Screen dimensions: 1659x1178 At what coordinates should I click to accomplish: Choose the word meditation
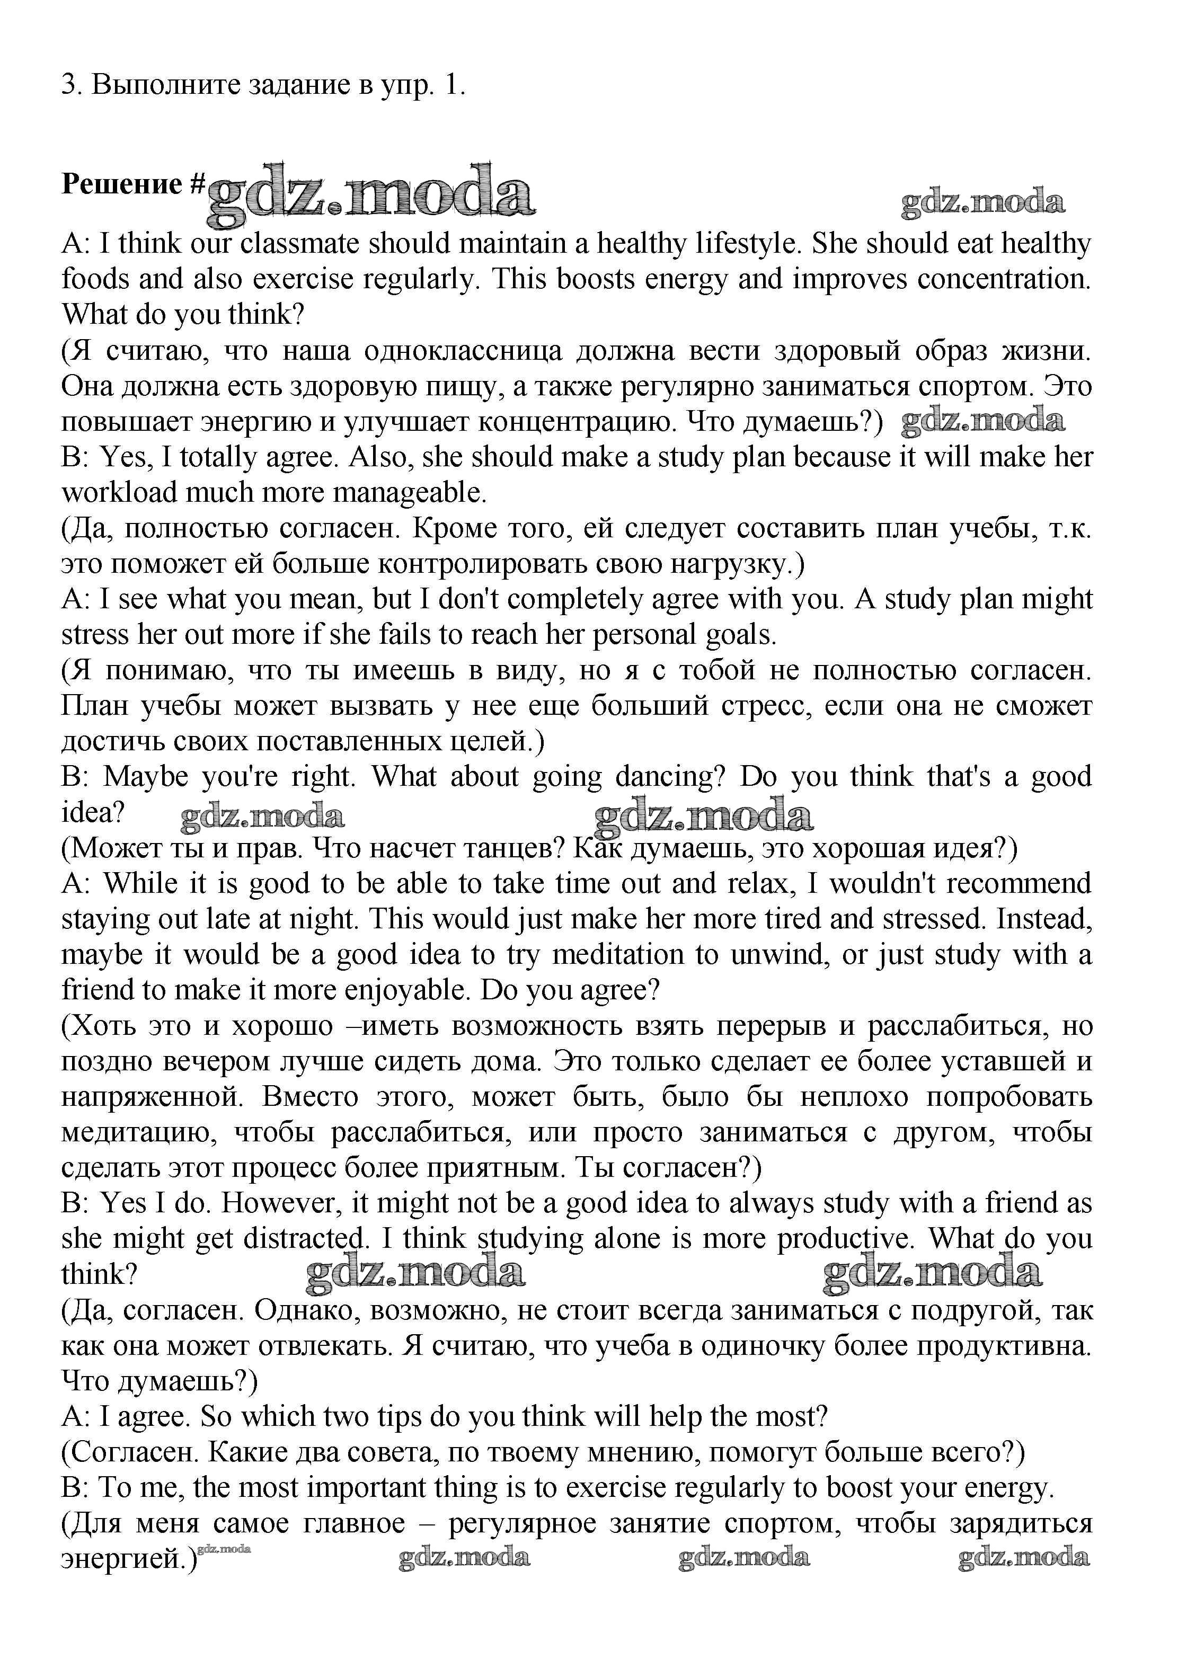pyautogui.click(x=618, y=955)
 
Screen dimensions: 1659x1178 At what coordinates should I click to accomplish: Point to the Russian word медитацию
pyautogui.click(x=139, y=1133)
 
